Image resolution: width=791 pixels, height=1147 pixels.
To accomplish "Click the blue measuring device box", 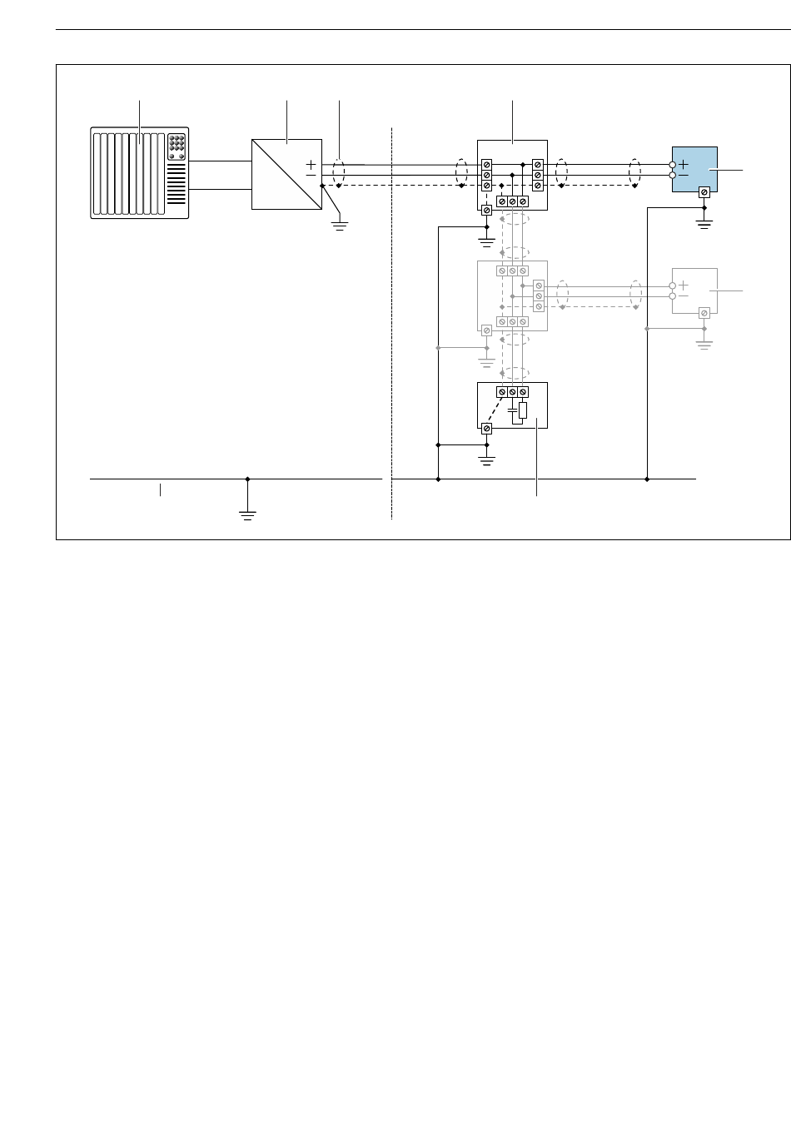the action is point(695,169).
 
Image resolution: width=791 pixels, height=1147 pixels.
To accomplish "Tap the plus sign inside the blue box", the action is point(683,165).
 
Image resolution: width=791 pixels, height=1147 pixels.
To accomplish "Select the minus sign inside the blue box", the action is point(683,176).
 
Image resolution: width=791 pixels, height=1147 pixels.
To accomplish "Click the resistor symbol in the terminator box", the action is point(522,410).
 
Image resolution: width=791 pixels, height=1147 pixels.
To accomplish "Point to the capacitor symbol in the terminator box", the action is point(512,410).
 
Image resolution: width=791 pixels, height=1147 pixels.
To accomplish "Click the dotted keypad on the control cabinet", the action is point(177,146).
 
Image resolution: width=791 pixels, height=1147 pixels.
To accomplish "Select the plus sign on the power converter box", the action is point(311,164).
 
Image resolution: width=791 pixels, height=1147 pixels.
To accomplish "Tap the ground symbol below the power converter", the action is point(339,224).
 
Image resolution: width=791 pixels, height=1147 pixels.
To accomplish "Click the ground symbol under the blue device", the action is point(704,224).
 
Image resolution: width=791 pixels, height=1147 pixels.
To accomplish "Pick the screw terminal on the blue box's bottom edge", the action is point(704,192).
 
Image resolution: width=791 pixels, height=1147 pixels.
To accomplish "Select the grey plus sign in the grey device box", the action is point(683,285).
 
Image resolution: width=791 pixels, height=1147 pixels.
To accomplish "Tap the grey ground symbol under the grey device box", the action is point(704,343).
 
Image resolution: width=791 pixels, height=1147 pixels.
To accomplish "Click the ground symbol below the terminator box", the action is point(487,459).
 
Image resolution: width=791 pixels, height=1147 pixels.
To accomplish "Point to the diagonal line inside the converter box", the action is point(286,174).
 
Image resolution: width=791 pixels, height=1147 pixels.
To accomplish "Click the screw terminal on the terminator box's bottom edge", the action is point(487,428).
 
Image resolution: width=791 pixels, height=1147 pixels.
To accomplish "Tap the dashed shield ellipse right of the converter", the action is point(339,175).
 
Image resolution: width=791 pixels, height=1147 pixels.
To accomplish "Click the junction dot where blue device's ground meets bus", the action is point(647,479).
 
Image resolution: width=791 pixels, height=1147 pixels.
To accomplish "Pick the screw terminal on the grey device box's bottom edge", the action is point(704,313).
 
